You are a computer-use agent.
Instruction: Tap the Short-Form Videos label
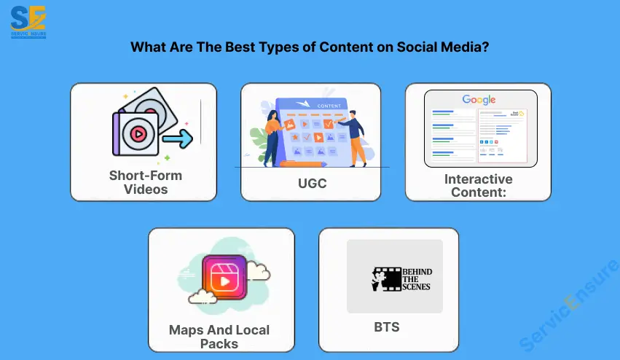tap(145, 182)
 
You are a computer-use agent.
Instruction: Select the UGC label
tap(311, 184)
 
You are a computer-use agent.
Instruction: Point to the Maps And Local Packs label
tap(219, 336)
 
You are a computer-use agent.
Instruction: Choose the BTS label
tap(386, 327)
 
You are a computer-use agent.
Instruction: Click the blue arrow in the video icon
tap(177, 137)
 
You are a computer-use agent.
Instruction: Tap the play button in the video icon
tap(137, 134)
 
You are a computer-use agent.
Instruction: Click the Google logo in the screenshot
tap(478, 100)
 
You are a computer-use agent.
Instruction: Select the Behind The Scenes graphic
tap(395, 276)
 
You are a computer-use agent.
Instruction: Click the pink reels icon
tap(224, 277)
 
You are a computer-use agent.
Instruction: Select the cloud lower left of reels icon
tap(202, 296)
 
